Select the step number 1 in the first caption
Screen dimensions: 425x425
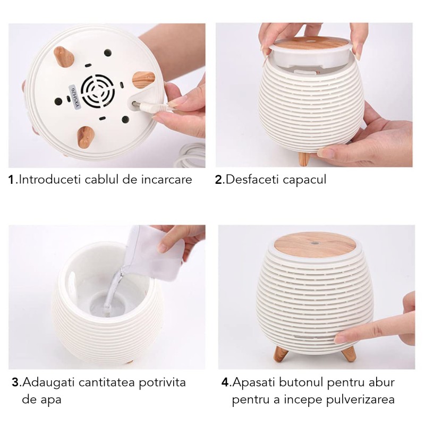[x=11, y=180]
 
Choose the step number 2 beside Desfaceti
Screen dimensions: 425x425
[x=218, y=180]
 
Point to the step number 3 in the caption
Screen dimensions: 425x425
[x=15, y=382]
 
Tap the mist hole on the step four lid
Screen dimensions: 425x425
[x=314, y=243]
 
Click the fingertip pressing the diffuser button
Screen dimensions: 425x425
[x=339, y=338]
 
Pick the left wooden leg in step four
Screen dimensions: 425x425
[x=281, y=354]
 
